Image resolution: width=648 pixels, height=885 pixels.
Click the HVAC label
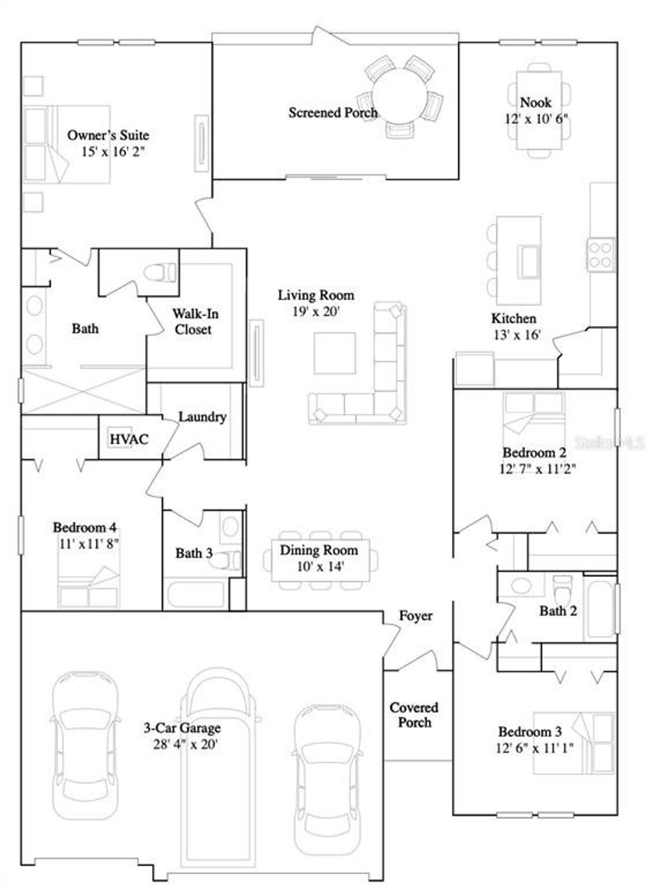point(129,439)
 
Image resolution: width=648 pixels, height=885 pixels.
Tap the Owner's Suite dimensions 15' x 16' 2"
point(113,152)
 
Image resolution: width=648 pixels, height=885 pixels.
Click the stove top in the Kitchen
point(601,255)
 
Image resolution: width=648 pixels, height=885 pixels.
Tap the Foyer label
point(416,616)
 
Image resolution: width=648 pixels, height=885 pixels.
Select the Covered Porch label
point(414,715)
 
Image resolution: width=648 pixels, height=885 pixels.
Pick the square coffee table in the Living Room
point(335,353)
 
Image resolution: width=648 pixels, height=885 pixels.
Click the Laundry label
point(202,417)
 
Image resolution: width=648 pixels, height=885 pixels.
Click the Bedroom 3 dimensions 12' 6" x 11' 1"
point(535,748)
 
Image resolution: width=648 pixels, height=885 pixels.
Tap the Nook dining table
point(539,110)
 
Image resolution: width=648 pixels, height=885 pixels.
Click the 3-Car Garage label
point(182,728)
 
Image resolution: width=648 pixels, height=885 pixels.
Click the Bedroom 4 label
point(85,527)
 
